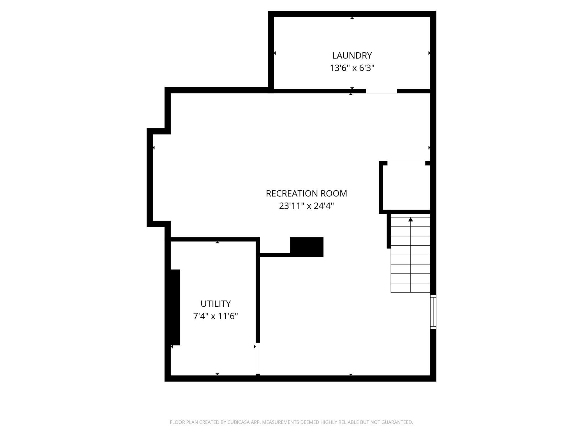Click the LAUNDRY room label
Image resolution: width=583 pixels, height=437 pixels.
click(x=352, y=55)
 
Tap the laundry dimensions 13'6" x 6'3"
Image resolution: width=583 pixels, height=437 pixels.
click(x=352, y=68)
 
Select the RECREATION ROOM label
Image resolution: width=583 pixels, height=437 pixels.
click(x=306, y=193)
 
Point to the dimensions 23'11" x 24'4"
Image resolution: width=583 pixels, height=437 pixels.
click(x=306, y=206)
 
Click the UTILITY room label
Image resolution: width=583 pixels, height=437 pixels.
click(x=216, y=304)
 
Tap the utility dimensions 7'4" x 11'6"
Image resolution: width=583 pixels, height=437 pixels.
click(x=216, y=316)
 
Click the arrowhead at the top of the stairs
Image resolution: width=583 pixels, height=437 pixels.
click(x=411, y=219)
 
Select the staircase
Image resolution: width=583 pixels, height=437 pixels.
click(x=410, y=255)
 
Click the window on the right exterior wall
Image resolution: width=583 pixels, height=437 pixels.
click(x=433, y=312)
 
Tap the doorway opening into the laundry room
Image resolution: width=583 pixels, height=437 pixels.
click(x=381, y=91)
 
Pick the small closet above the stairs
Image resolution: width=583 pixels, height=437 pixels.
click(x=406, y=187)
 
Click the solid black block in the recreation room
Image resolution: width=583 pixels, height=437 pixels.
click(x=307, y=247)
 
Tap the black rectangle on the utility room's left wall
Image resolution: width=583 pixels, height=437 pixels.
click(x=175, y=307)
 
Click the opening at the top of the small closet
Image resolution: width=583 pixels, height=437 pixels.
click(x=406, y=163)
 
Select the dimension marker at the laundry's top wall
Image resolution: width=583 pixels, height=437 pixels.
click(x=352, y=18)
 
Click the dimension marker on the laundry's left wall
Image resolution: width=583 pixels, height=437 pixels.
click(x=275, y=53)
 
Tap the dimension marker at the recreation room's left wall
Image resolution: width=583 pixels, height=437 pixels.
click(x=154, y=147)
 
